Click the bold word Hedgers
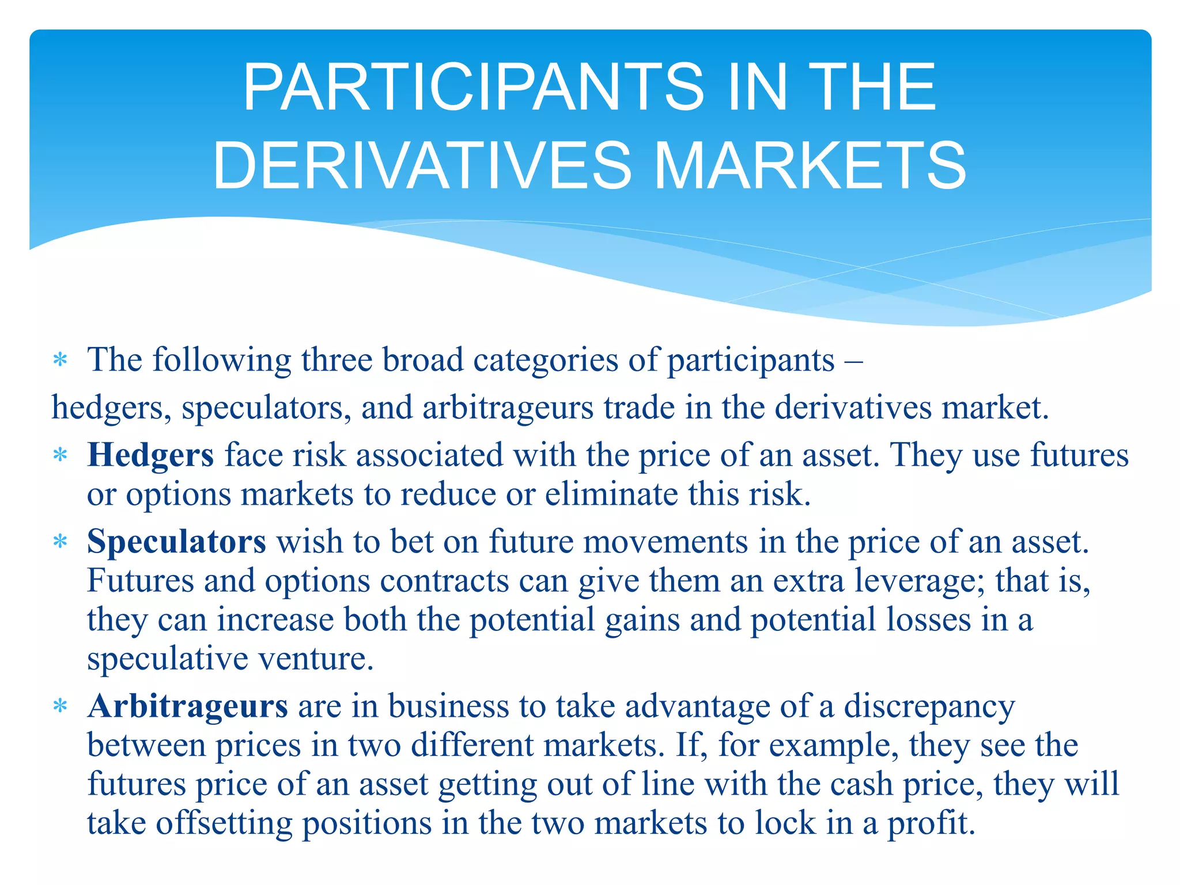[x=150, y=455]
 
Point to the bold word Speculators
[x=176, y=542]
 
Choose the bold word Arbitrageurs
[x=187, y=706]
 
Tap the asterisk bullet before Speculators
[x=60, y=542]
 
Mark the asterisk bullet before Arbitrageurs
[x=60, y=706]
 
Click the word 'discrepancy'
[x=929, y=707]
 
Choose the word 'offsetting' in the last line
[x=224, y=823]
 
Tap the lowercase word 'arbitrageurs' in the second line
[x=508, y=408]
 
